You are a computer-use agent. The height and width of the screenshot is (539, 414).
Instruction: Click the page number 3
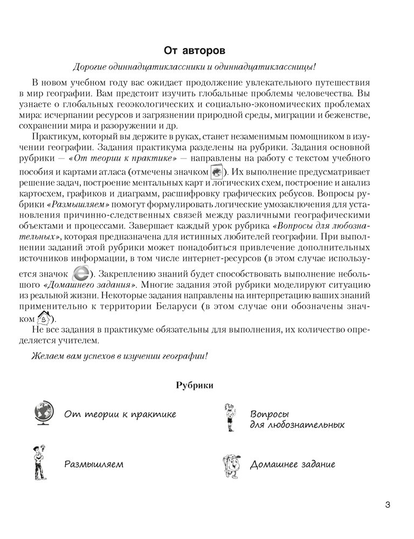[387, 505]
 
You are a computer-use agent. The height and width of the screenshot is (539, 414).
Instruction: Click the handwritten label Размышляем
[94, 464]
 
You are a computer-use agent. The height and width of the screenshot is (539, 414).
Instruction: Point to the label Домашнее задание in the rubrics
[292, 464]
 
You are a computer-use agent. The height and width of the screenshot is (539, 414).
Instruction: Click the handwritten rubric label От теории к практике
[120, 414]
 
